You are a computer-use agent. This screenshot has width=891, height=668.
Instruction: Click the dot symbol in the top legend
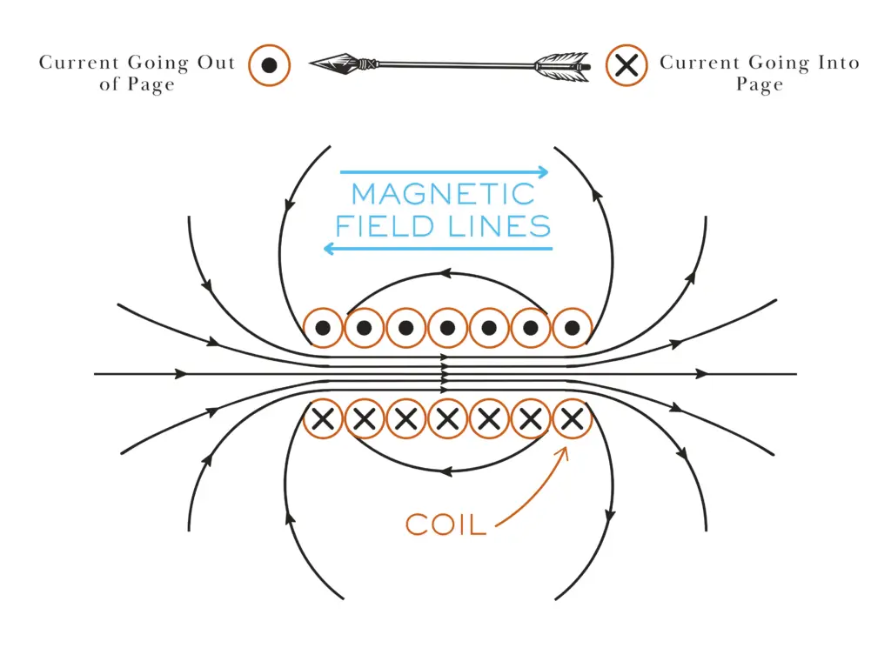[269, 65]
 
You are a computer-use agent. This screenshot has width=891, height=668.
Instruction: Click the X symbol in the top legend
[627, 65]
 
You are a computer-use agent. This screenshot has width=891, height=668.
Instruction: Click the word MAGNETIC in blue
[443, 193]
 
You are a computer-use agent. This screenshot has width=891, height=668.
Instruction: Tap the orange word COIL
[445, 524]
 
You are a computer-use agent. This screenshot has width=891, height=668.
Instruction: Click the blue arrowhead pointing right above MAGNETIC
[543, 171]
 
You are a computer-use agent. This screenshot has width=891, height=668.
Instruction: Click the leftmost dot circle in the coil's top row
[323, 328]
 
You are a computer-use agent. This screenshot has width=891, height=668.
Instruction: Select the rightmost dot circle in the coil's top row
[572, 328]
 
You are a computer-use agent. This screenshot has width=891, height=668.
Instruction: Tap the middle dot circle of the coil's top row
[447, 328]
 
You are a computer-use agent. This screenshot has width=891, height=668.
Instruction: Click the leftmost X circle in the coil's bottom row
[323, 420]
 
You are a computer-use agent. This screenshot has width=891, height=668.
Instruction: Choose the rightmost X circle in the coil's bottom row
[572, 420]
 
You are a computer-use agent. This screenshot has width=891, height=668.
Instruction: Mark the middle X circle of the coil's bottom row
[447, 420]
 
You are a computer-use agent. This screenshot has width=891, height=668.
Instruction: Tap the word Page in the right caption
[760, 85]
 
